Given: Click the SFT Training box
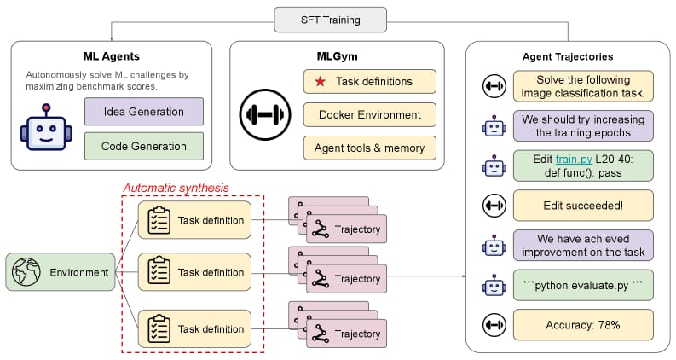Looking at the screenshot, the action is click(330, 20).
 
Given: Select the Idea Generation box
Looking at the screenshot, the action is click(144, 112).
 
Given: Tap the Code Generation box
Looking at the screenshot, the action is click(144, 146).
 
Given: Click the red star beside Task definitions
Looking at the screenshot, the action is click(320, 81).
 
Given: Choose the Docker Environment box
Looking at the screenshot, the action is click(369, 115).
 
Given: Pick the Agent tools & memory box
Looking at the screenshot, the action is click(369, 148).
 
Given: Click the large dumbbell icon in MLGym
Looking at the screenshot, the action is click(265, 115).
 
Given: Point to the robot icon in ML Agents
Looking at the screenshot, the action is click(46, 127).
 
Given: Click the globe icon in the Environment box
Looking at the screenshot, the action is click(26, 272).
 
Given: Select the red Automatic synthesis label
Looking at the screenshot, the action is click(176, 189).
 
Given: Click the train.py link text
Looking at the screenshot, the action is click(574, 160).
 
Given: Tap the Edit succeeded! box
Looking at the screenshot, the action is click(583, 206).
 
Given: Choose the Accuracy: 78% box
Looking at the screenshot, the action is click(583, 325).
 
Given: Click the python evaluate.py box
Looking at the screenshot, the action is click(583, 285).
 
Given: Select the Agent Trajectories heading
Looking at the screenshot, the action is click(568, 56).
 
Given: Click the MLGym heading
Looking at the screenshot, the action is click(337, 56).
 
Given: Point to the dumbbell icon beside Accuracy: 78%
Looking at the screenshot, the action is click(494, 325).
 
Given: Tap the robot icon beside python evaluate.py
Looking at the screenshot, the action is click(494, 285).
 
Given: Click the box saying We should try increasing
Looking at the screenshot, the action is click(583, 126).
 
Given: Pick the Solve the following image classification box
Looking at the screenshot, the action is click(583, 86).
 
